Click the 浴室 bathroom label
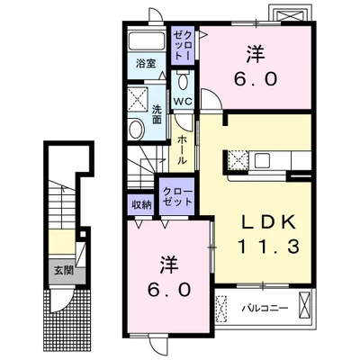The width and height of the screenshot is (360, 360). (x=146, y=64)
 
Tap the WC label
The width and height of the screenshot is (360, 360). (x=183, y=102)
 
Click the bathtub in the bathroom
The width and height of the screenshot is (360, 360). (x=147, y=40)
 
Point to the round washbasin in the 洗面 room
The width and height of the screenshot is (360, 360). (x=136, y=129)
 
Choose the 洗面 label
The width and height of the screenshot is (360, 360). (x=156, y=114)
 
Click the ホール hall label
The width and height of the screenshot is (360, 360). (x=182, y=149)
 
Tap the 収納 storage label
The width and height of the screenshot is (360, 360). (x=141, y=205)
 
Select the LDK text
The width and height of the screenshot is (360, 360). (x=269, y=222)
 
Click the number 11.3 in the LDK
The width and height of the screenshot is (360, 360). (x=269, y=247)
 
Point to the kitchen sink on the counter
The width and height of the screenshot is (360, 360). (x=263, y=160)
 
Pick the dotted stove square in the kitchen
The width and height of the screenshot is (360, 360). (x=238, y=160)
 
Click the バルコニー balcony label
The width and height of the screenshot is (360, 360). (x=265, y=308)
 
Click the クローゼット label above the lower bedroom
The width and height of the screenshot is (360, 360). (x=177, y=196)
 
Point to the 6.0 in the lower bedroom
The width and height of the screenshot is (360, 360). (x=169, y=290)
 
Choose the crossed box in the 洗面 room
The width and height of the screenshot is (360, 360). (x=138, y=96)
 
